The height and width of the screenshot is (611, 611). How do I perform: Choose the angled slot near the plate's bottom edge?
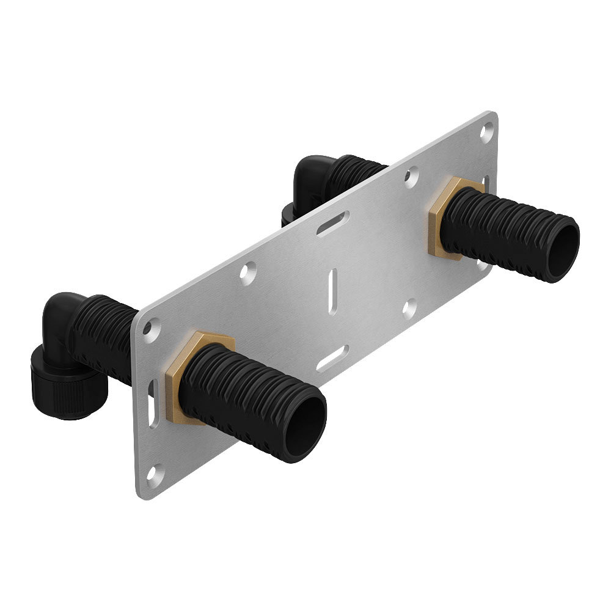(333, 359)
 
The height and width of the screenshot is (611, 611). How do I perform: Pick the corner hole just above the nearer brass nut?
(148, 329)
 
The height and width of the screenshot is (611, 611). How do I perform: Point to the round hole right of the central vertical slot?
(409, 309)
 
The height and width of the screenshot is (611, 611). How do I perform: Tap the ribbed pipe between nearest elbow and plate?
(104, 330)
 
